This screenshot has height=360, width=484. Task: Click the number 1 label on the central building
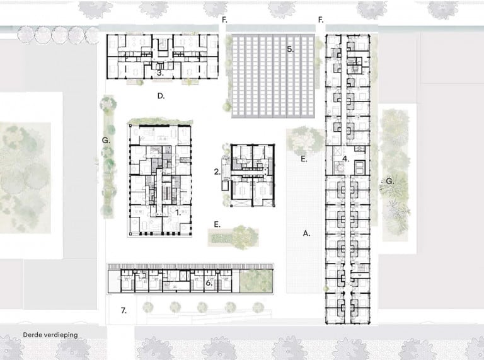point(178,212)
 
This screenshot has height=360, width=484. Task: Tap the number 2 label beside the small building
point(217,171)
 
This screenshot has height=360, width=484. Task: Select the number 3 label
point(160,73)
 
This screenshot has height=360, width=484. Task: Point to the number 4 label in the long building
point(346,159)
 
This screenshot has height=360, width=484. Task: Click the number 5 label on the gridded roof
point(290,49)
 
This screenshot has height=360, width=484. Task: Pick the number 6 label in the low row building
point(209,283)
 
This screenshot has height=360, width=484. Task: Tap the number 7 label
point(124,311)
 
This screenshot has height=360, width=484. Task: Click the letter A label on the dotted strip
point(306,233)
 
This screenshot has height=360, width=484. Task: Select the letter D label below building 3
point(161,96)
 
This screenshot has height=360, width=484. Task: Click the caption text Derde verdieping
point(50,335)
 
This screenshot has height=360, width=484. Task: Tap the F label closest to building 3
point(224,20)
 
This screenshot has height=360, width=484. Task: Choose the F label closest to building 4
point(321,20)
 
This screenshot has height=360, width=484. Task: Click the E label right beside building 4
point(304,159)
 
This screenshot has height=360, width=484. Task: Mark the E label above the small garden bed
point(217,224)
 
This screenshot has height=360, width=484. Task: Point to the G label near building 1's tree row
point(106,141)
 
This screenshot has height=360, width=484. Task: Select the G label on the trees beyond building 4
point(390,181)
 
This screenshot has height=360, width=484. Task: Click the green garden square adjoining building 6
point(256,281)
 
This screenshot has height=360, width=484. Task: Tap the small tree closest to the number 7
point(148,307)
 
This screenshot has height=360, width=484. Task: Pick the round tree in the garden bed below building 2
point(245,237)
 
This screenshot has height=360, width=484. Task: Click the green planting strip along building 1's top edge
point(160,121)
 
